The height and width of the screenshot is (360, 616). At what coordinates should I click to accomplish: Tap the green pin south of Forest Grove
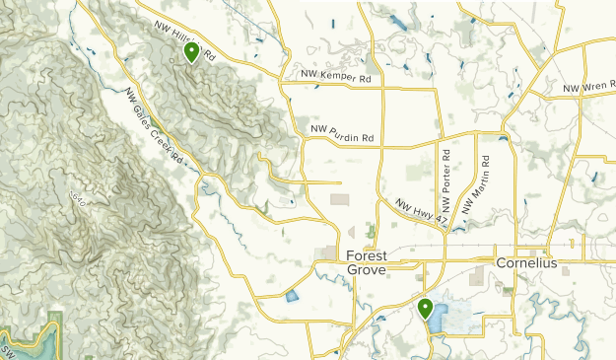coord(426,309)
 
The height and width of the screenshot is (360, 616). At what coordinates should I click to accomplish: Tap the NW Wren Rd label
coord(588,89)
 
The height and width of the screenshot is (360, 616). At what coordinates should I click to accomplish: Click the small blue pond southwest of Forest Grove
coord(292,295)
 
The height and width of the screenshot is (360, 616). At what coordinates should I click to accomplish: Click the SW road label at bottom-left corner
coord(6,351)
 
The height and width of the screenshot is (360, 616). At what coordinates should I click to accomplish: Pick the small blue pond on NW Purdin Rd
coord(504,138)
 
